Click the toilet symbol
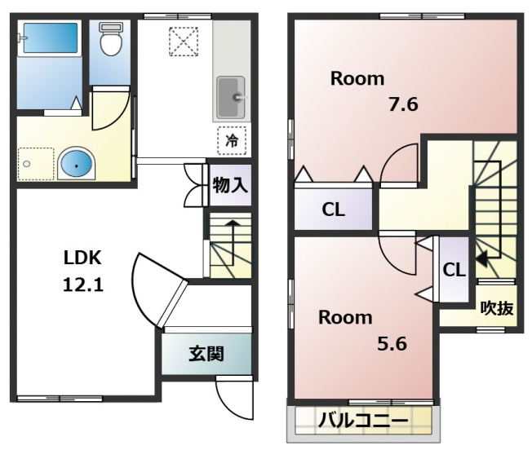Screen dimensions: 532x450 tap(111, 39)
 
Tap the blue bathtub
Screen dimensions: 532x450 tap(51, 37)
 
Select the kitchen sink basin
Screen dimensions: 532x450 tap(231, 98)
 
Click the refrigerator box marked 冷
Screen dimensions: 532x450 tap(232, 140)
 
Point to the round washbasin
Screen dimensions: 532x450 tap(77, 165)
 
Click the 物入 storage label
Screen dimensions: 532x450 tap(230, 185)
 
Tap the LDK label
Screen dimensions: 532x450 tap(82, 258)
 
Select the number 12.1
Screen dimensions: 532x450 tap(83, 285)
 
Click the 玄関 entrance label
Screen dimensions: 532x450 tap(206, 354)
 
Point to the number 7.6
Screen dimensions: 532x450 tap(403, 104)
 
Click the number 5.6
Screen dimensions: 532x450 tap(392, 343)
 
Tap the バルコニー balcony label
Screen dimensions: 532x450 tap(363, 421)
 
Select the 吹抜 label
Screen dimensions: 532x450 tap(497, 308)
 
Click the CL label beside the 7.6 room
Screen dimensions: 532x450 tap(333, 210)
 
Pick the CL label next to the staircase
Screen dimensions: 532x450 tap(454, 270)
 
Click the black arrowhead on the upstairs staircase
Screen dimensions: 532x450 tap(481, 258)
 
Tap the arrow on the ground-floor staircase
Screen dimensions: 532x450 tap(233, 243)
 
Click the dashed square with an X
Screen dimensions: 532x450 tap(184, 42)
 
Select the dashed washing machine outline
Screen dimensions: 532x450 tap(36, 164)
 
